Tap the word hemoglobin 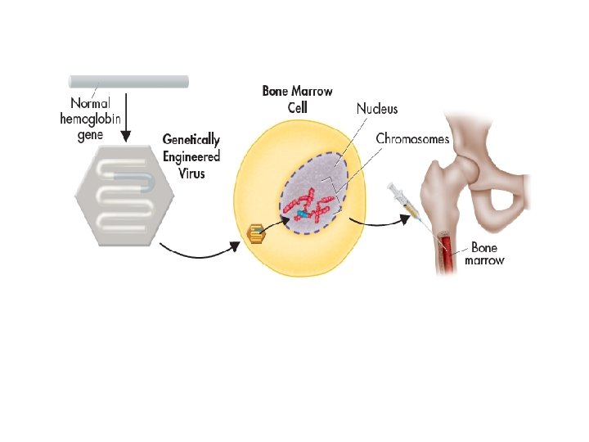pos(89,120)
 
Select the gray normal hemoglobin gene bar pos(128,81)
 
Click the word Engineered pos(191,156)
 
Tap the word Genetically pos(191,141)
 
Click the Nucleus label pos(377,108)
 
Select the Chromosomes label pos(412,139)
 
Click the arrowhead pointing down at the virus pos(124,135)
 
